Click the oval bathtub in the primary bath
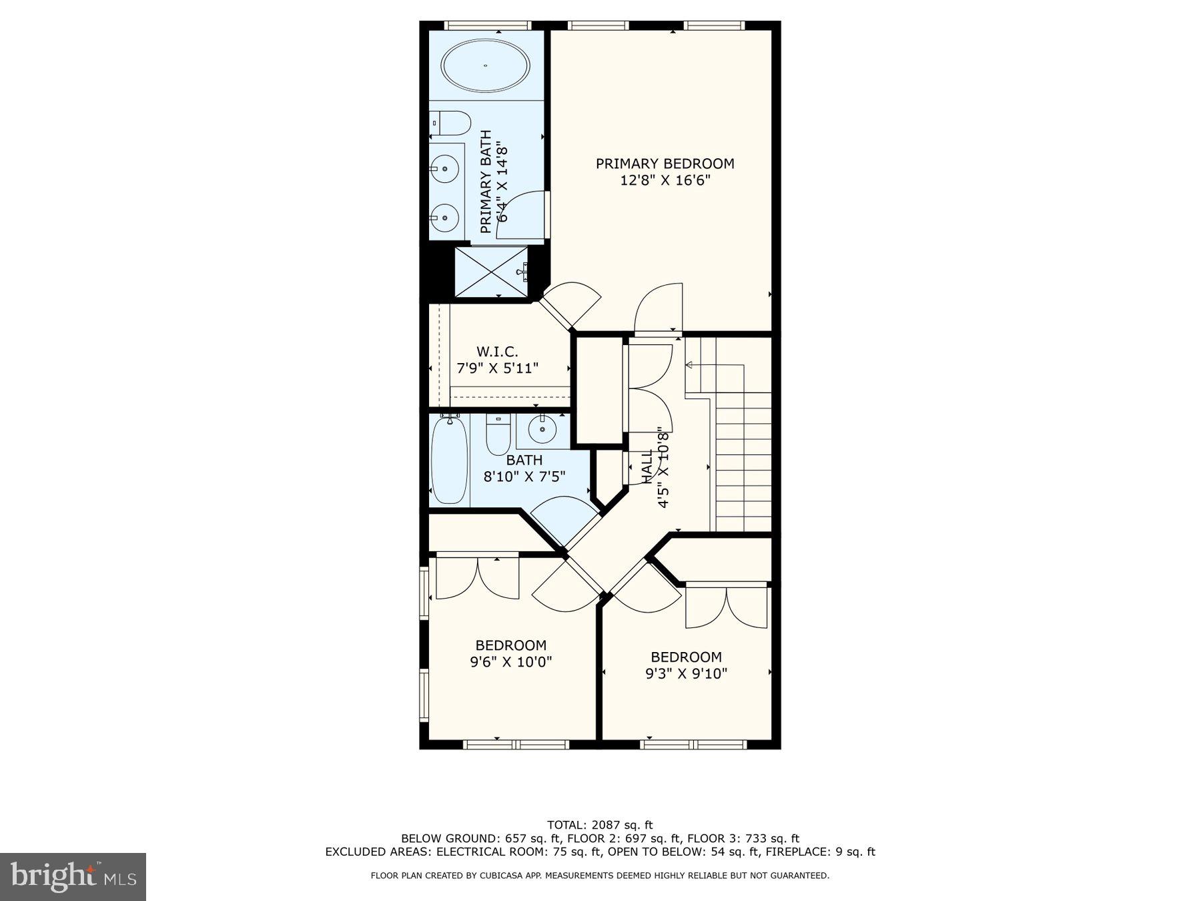point(485,66)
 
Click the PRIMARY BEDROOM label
point(665,164)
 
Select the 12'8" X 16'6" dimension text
point(665,180)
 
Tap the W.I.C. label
point(496,352)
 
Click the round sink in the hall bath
point(542,428)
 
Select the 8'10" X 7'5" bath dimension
point(524,477)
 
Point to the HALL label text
point(647,466)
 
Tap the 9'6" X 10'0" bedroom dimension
point(510,662)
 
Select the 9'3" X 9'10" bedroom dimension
point(686,674)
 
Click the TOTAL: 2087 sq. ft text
point(599,825)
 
